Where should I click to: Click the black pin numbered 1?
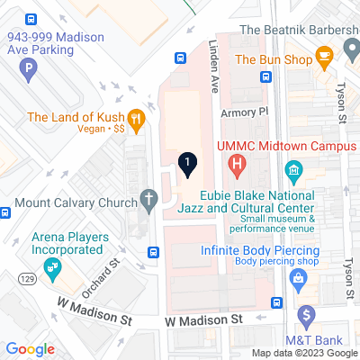point(186,164)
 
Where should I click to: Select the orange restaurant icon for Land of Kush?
point(136,118)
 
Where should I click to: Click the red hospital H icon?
point(238,164)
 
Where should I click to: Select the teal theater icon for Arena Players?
point(53,265)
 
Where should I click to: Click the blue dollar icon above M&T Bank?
point(307,316)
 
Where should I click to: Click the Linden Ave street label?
point(215,68)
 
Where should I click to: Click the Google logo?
point(30,349)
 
